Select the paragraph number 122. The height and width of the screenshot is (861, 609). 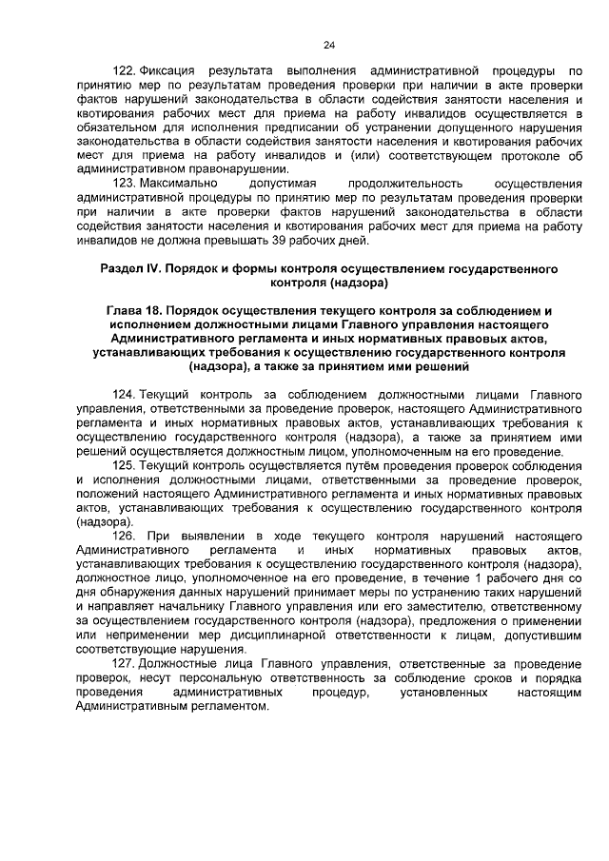tap(124, 70)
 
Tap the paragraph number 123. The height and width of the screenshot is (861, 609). tap(124, 182)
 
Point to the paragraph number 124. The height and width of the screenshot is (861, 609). tap(124, 395)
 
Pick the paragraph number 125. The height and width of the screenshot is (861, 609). tap(124, 465)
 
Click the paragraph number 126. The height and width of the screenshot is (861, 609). tap(124, 536)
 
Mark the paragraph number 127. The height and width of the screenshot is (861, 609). tap(124, 663)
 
